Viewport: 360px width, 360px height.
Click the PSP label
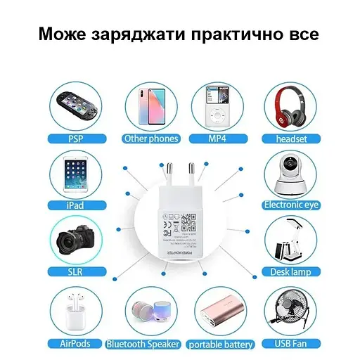(75, 139)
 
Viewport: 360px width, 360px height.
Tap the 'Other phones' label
(150, 139)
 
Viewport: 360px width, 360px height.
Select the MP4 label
(217, 139)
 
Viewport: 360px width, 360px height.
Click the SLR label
(75, 271)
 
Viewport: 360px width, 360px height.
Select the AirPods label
(75, 344)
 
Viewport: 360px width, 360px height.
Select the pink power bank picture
(221, 312)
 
